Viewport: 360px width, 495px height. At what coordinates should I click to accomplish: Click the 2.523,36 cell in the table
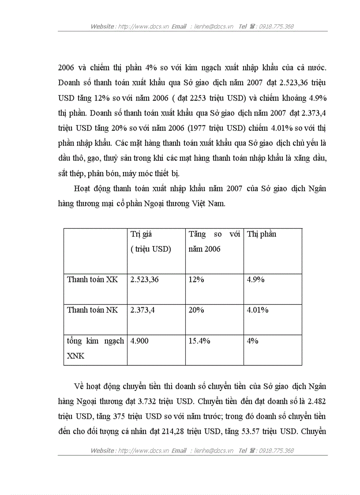144,279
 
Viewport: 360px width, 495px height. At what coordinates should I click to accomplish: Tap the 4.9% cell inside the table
255,279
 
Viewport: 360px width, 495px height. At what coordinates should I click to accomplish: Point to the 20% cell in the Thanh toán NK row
196,310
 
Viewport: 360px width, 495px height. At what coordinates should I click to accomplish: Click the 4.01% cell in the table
258,310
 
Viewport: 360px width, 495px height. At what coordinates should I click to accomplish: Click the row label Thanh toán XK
92,279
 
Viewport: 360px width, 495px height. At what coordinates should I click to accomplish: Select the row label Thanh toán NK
92,310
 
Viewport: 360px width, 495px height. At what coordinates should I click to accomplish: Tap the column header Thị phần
262,234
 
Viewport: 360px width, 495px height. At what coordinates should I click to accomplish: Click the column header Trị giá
141,234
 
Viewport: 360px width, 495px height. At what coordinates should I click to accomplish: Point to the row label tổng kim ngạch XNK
95,348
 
